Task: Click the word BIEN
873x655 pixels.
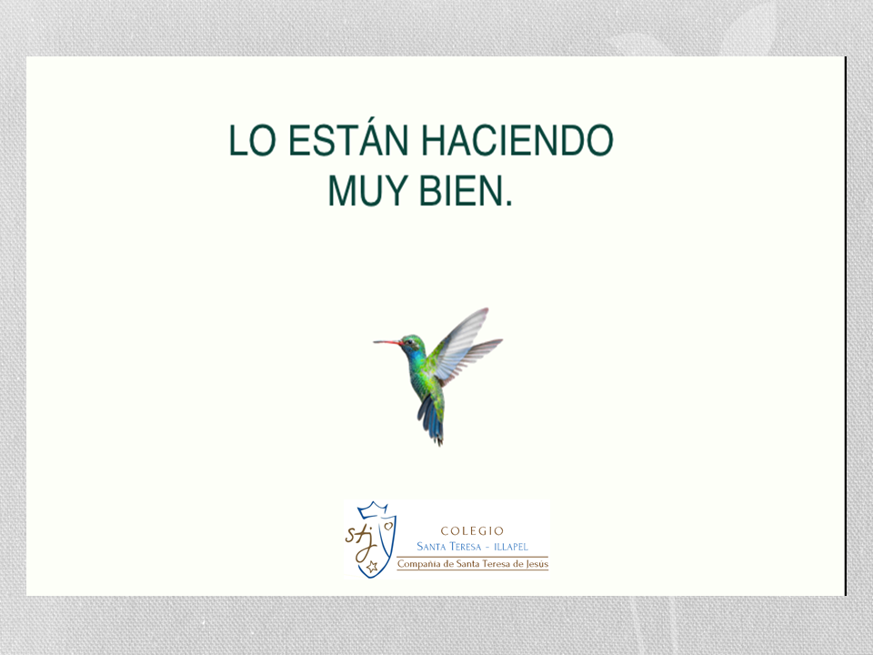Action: click(x=460, y=191)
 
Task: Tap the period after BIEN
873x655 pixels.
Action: click(x=507, y=204)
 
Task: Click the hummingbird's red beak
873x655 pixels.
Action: click(x=387, y=342)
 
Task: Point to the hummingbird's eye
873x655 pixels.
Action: click(x=409, y=341)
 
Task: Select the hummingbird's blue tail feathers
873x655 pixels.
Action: click(x=431, y=419)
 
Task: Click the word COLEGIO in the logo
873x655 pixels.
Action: click(x=472, y=530)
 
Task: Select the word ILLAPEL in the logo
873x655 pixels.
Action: click(x=511, y=547)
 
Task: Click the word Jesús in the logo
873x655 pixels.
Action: click(x=537, y=564)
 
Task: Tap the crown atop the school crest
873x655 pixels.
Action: click(x=373, y=509)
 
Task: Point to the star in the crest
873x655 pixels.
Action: click(x=372, y=567)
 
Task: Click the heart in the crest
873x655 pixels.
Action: click(x=387, y=525)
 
